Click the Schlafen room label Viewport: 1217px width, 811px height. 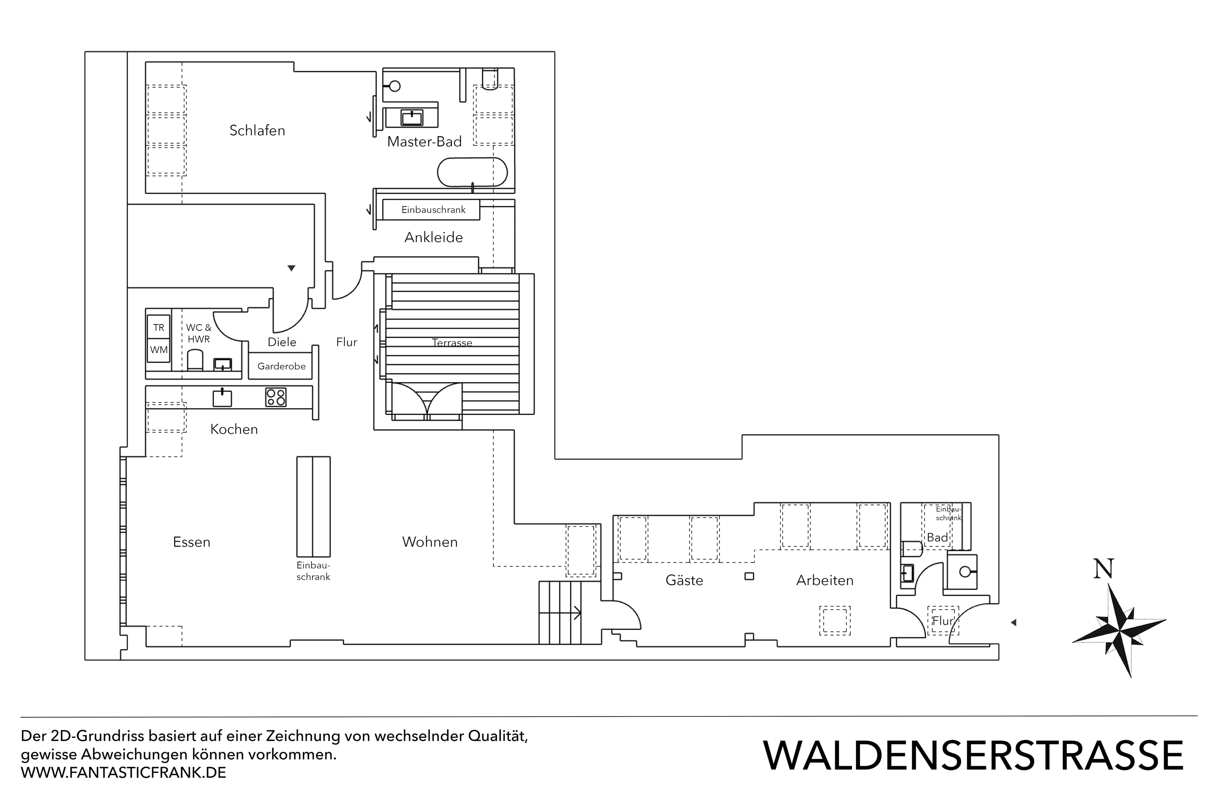click(257, 130)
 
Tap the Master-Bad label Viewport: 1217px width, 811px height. click(424, 142)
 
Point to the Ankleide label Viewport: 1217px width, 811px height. click(434, 237)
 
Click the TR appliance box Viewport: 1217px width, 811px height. click(158, 327)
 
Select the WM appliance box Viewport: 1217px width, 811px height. click(158, 350)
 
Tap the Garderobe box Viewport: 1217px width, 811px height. click(281, 366)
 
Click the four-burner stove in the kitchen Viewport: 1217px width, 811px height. click(276, 397)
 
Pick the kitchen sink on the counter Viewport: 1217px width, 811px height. click(222, 398)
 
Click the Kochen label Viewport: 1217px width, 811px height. click(234, 429)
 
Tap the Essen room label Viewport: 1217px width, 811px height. click(191, 542)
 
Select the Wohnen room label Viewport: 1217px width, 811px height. click(430, 542)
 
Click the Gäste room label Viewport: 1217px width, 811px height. click(684, 580)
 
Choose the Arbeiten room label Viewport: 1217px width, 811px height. click(825, 580)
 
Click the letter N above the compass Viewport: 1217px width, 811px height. click(1104, 570)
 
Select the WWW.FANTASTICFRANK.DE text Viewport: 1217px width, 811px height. click(124, 773)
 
